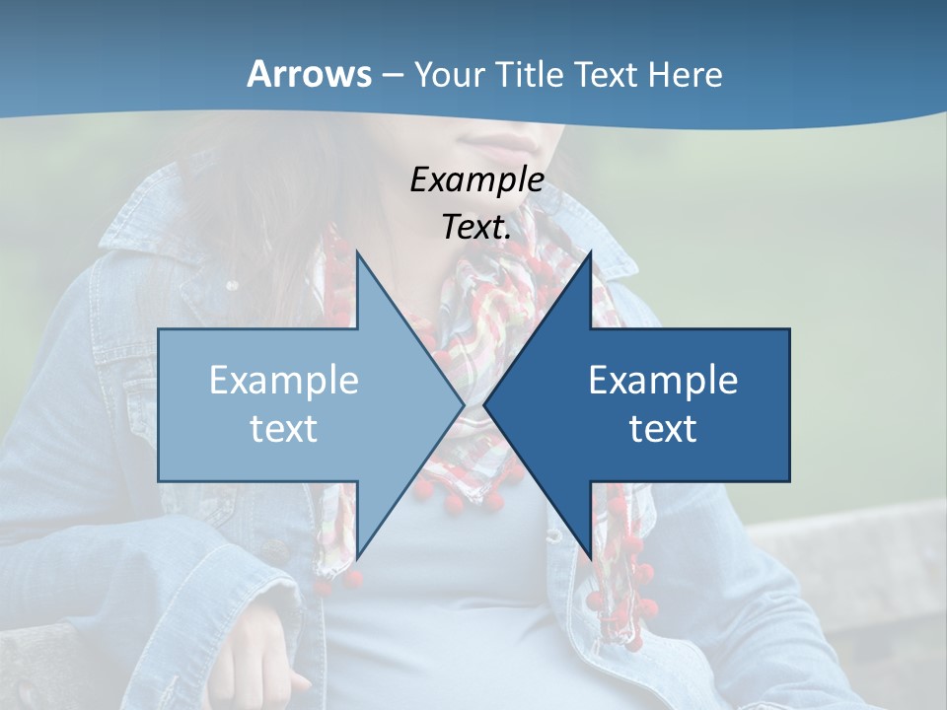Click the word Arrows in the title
pyautogui.click(x=309, y=74)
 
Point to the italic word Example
pyautogui.click(x=476, y=179)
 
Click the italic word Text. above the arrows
pyautogui.click(x=476, y=227)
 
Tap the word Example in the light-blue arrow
pyautogui.click(x=284, y=380)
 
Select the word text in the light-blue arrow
pyautogui.click(x=284, y=428)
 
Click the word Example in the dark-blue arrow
pyautogui.click(x=663, y=380)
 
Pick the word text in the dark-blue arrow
pyautogui.click(x=663, y=428)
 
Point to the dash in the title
pyautogui.click(x=392, y=75)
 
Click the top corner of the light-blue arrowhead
pyautogui.click(x=358, y=253)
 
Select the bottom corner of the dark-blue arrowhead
pyautogui.click(x=590, y=557)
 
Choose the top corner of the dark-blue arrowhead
pyautogui.click(x=590, y=253)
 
